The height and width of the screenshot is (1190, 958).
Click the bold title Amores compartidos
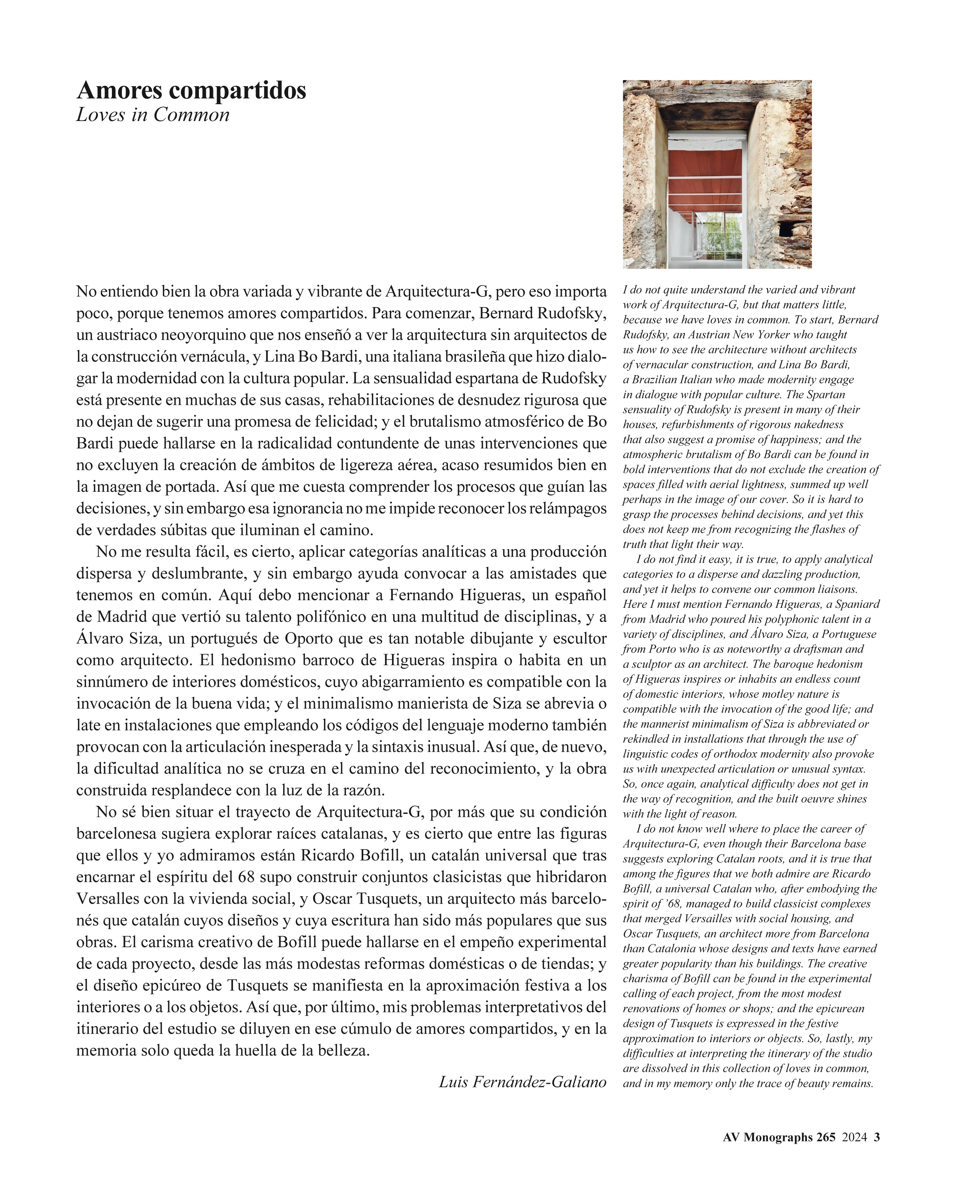coord(191,90)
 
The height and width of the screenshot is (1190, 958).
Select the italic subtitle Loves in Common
coord(153,115)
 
